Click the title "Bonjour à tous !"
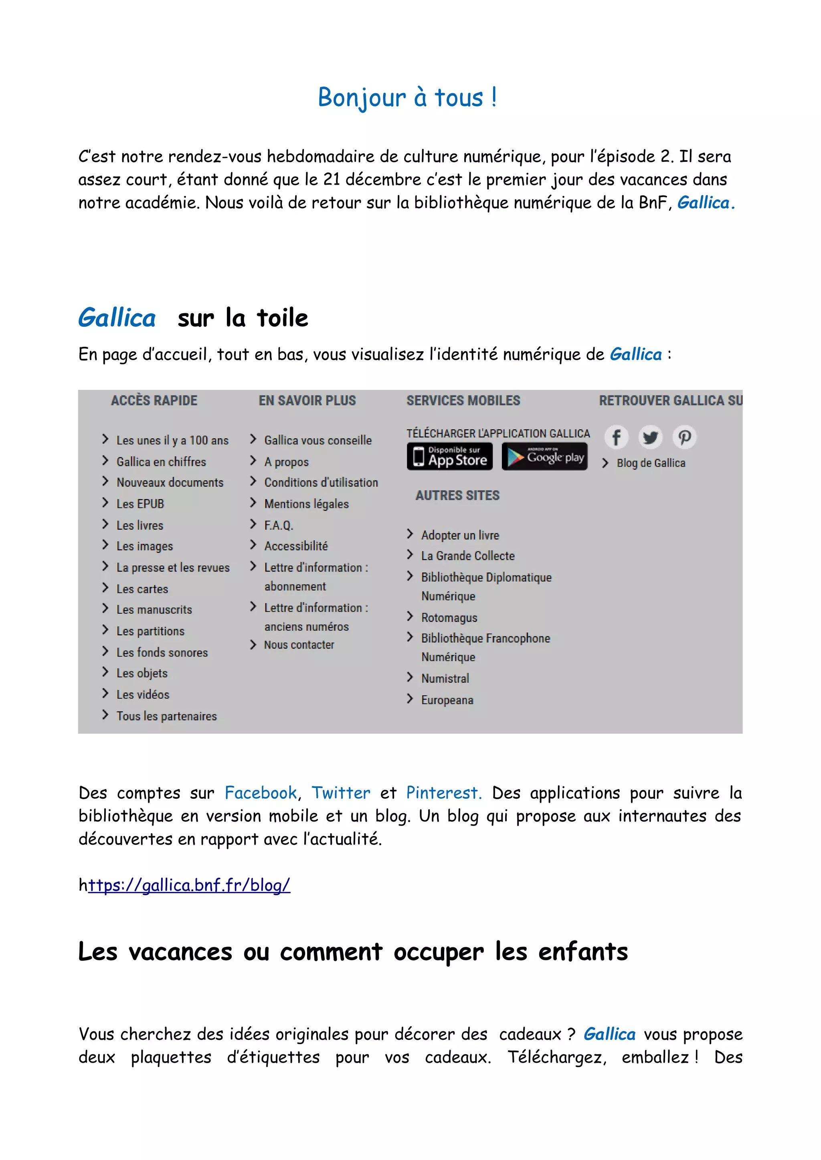407,97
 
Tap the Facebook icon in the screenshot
616,437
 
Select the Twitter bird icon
651,437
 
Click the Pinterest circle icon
685,437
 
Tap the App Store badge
449,456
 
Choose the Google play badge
544,456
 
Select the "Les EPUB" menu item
140,504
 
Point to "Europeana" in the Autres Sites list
447,700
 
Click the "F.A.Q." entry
279,525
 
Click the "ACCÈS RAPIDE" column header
154,401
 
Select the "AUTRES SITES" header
457,495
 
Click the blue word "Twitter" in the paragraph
341,793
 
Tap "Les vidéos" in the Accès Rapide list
143,694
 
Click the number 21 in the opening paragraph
332,180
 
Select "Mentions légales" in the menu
306,504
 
